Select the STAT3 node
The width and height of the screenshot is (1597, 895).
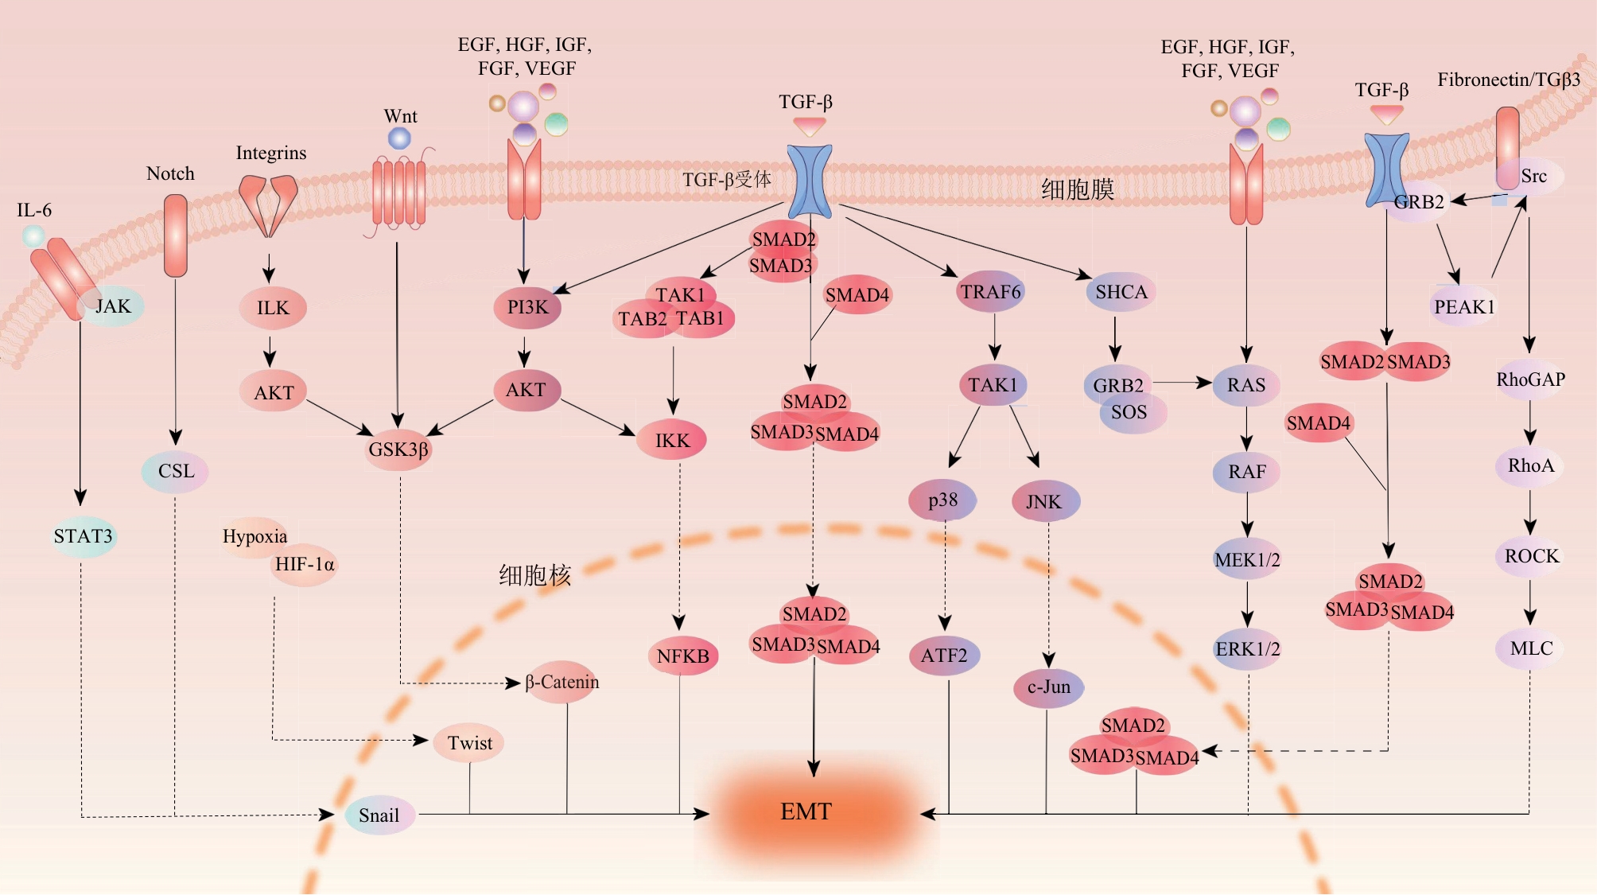point(83,536)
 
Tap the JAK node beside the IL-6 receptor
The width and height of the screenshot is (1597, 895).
point(112,306)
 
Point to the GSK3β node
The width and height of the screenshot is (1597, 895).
point(398,449)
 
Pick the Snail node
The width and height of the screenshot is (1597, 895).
point(379,815)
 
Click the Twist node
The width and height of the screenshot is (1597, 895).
point(469,743)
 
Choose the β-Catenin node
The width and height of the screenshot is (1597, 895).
point(561,682)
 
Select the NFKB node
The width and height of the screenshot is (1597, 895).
point(683,656)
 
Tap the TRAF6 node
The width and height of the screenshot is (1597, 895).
point(991,292)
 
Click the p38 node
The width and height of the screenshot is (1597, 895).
point(943,500)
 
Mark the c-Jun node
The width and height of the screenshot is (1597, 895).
point(1049,687)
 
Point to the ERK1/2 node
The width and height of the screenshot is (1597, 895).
point(1248,649)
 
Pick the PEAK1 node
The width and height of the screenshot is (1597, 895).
point(1464,307)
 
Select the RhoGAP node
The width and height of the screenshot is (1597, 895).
point(1531,379)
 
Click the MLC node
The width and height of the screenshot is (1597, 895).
point(1531,648)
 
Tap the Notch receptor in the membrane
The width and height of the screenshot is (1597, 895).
point(176,235)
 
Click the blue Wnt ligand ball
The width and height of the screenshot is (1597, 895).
point(399,138)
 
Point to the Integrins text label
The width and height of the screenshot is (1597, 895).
point(271,153)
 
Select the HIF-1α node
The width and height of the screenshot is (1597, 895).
point(305,565)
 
